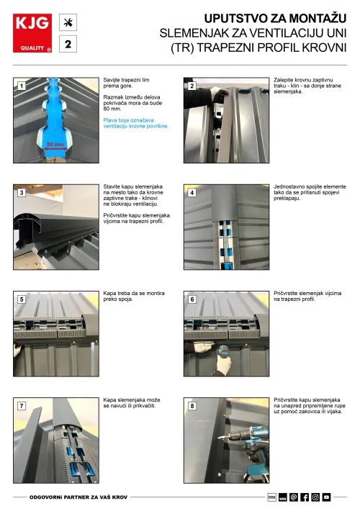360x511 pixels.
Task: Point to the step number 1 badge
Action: click(22, 86)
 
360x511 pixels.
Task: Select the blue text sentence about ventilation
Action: click(136, 122)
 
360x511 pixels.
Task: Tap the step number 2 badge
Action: click(192, 86)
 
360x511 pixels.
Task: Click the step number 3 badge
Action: click(22, 193)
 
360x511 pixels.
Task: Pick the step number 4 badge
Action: click(192, 193)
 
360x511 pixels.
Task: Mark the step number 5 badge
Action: click(22, 299)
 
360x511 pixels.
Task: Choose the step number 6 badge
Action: click(192, 299)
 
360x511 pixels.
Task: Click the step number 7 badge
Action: click(22, 406)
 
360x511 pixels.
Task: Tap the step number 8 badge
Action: click(192, 406)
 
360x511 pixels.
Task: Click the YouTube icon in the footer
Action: click(326, 497)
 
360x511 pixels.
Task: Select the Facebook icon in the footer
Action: click(305, 497)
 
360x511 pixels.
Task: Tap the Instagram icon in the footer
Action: click(315, 497)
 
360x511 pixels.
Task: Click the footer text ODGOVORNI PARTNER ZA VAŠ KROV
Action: click(77, 497)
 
